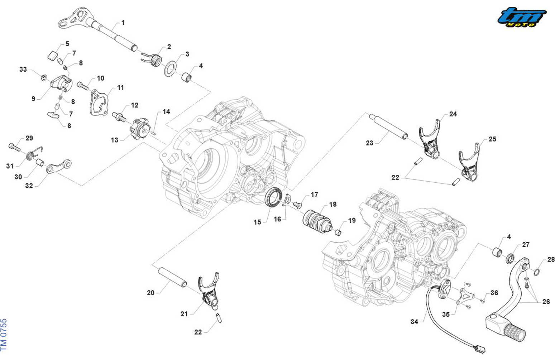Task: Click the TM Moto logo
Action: click(x=522, y=17)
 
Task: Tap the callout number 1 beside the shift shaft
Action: click(x=123, y=23)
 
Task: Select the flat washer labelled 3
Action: click(x=171, y=68)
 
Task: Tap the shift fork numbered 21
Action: click(x=209, y=291)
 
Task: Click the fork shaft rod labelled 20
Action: click(x=172, y=276)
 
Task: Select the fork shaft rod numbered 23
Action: click(x=388, y=125)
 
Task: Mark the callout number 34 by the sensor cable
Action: click(x=414, y=322)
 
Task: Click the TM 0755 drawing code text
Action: click(x=4, y=335)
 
